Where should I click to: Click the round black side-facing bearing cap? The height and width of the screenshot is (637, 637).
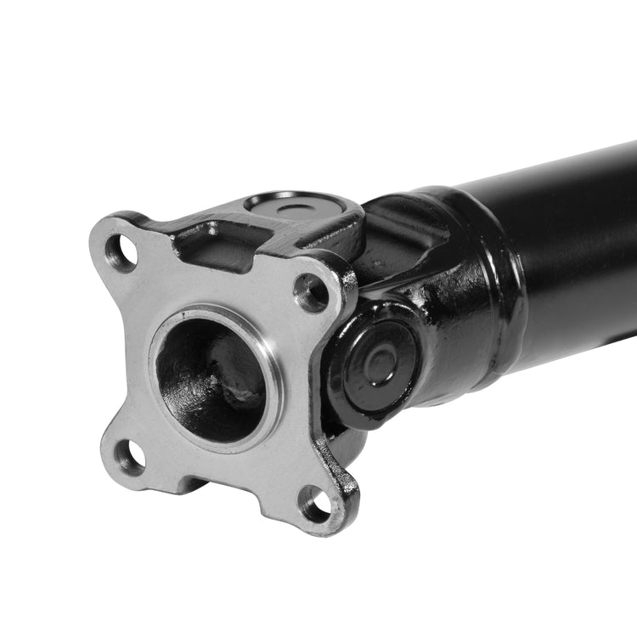pyautogui.click(x=374, y=364)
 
